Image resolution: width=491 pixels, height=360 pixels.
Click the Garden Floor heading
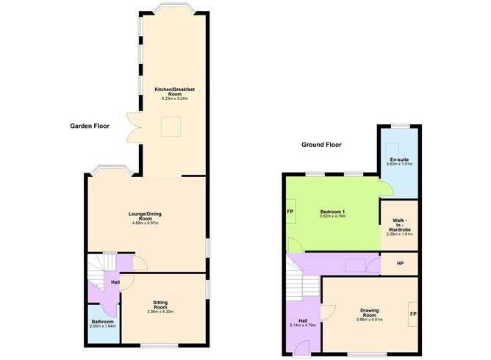click(90, 126)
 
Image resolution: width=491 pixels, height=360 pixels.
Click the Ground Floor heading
click(321, 145)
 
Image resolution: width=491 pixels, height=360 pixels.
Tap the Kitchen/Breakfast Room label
click(174, 91)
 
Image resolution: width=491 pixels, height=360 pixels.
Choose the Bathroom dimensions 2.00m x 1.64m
click(103, 326)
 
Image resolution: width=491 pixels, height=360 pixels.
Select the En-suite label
click(399, 159)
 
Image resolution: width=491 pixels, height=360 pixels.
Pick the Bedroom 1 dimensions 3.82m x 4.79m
click(333, 217)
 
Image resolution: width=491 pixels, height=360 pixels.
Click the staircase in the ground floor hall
click(301, 282)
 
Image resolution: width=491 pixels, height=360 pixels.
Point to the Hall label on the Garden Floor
click(115, 281)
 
